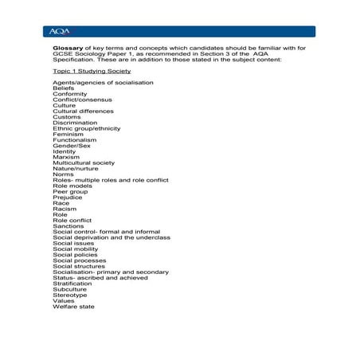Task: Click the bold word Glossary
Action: [67, 49]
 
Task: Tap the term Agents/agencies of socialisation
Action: [103, 83]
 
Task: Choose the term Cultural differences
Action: [83, 112]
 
